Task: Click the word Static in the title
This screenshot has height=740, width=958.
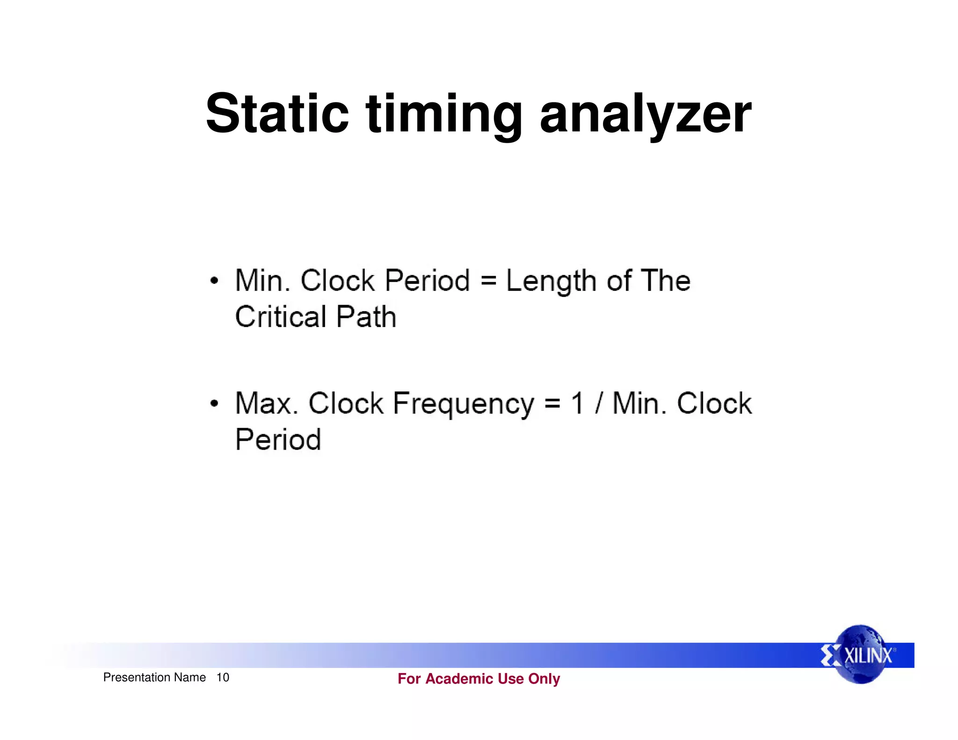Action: (x=277, y=114)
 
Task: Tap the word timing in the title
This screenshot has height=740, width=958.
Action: (x=444, y=114)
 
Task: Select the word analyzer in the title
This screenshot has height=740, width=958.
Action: (x=646, y=114)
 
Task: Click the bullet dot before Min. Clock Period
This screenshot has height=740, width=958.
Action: (x=214, y=281)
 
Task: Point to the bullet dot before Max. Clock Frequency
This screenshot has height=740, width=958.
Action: (x=214, y=403)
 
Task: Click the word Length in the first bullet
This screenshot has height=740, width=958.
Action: (x=551, y=281)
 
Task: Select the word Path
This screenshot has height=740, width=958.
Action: (x=366, y=317)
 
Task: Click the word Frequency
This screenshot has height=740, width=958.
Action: (x=463, y=403)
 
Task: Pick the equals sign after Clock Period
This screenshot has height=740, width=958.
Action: (x=488, y=281)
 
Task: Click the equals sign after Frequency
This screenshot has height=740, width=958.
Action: (x=552, y=403)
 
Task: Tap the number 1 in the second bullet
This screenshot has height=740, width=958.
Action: (x=577, y=403)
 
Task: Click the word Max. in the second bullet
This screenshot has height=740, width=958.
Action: (x=267, y=403)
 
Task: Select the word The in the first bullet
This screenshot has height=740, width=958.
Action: (x=665, y=281)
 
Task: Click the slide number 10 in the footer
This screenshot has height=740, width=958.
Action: (x=223, y=677)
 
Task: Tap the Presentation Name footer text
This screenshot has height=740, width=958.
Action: (x=154, y=677)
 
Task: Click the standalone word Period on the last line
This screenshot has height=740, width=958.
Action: (x=278, y=440)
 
